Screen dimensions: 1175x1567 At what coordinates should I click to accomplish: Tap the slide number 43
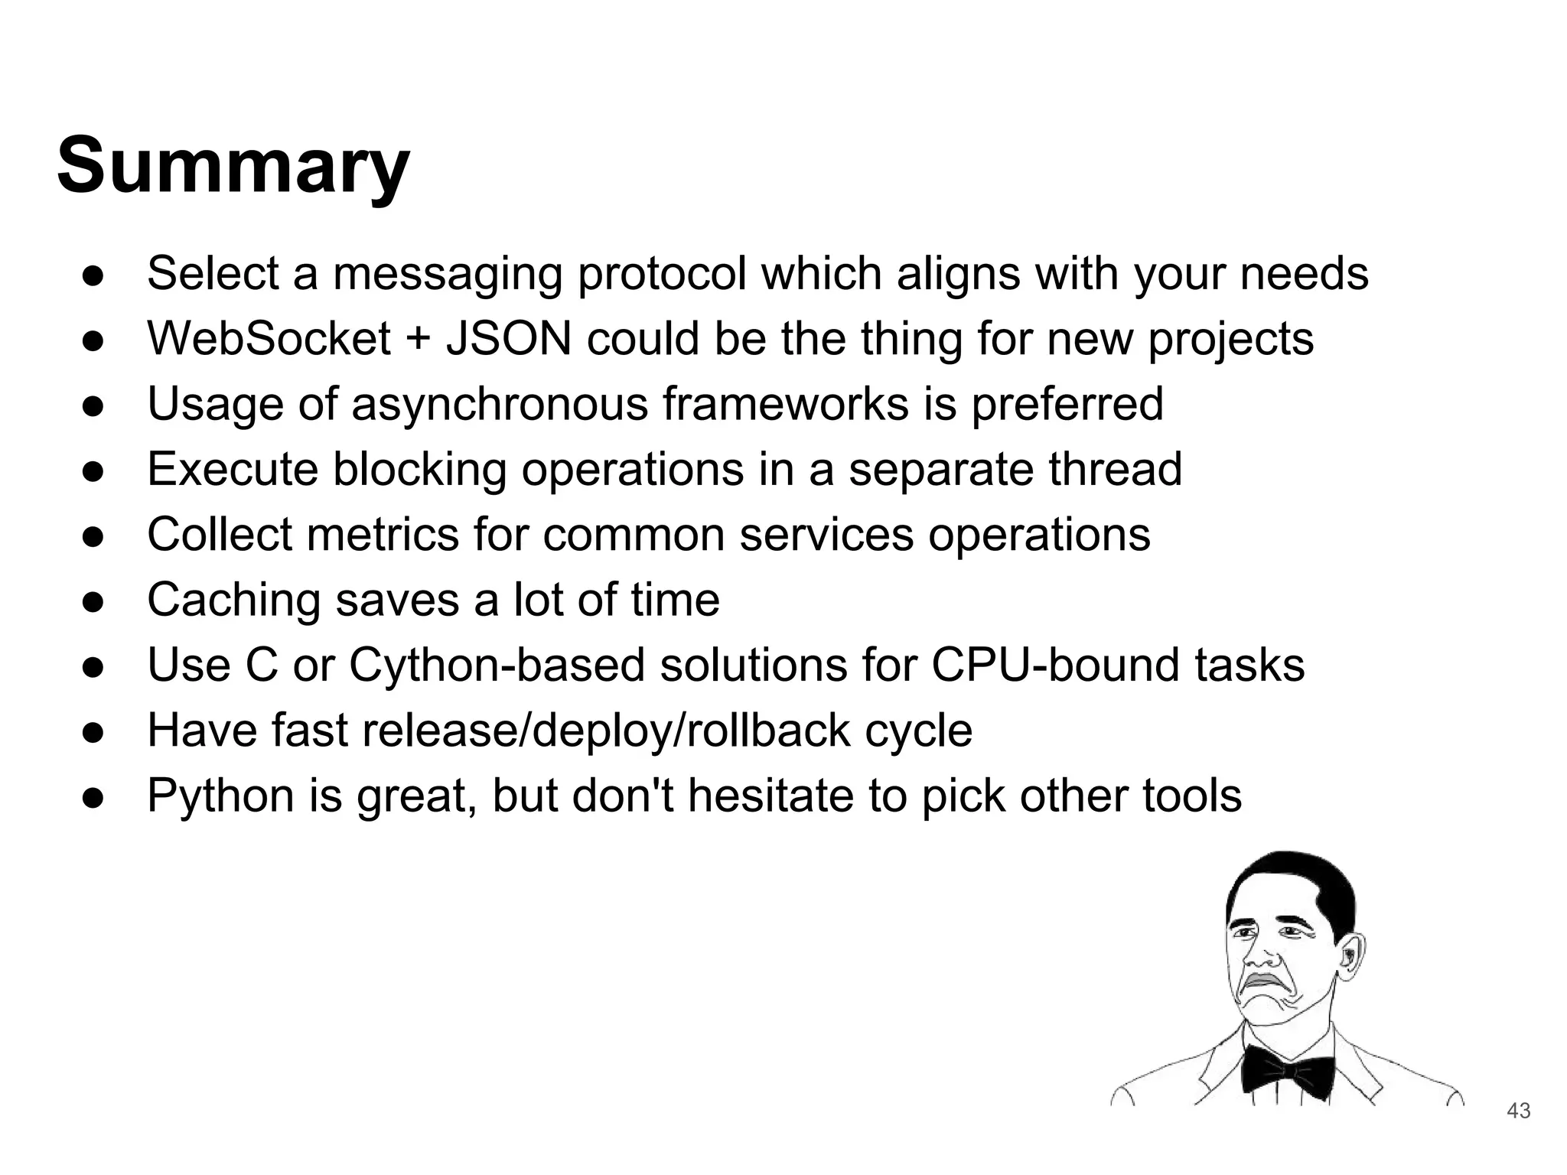point(1518,1111)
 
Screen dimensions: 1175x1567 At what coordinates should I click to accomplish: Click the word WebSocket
point(269,338)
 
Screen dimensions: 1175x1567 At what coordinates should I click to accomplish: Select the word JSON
point(508,338)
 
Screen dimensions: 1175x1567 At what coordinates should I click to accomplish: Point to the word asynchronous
point(500,404)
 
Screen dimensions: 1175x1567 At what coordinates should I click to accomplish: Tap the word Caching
point(233,600)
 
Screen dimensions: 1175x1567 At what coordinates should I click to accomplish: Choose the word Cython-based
point(497,665)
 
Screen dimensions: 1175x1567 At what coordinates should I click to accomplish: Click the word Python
point(220,796)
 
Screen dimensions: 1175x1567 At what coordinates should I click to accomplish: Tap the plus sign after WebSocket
point(418,340)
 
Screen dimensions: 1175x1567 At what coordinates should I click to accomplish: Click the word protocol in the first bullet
point(661,274)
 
